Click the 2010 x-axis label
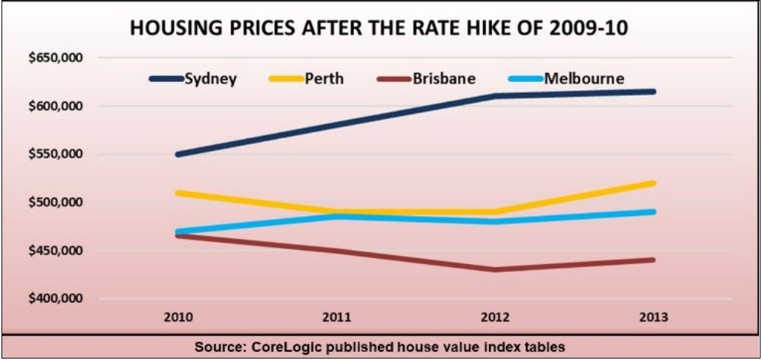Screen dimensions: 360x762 tap(180, 318)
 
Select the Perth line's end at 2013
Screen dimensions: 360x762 tap(653, 183)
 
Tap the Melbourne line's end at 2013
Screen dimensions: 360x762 tap(653, 212)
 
